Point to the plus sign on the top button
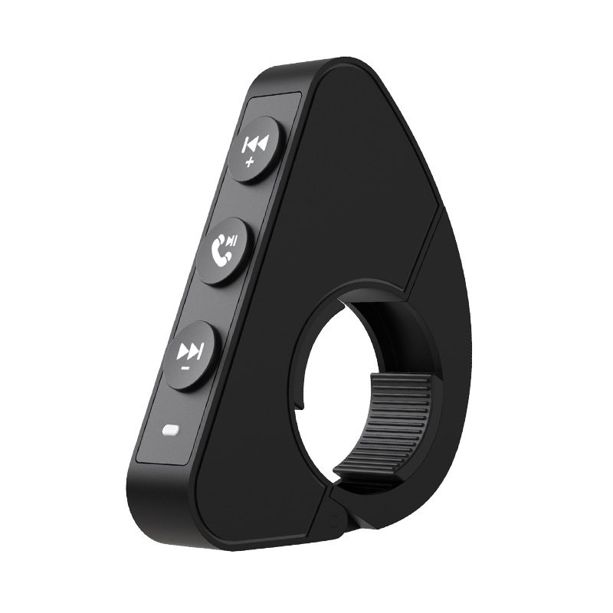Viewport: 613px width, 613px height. (248, 163)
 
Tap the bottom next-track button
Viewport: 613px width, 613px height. (192, 355)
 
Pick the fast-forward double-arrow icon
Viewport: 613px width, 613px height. (190, 351)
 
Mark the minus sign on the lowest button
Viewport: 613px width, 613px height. (185, 369)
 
